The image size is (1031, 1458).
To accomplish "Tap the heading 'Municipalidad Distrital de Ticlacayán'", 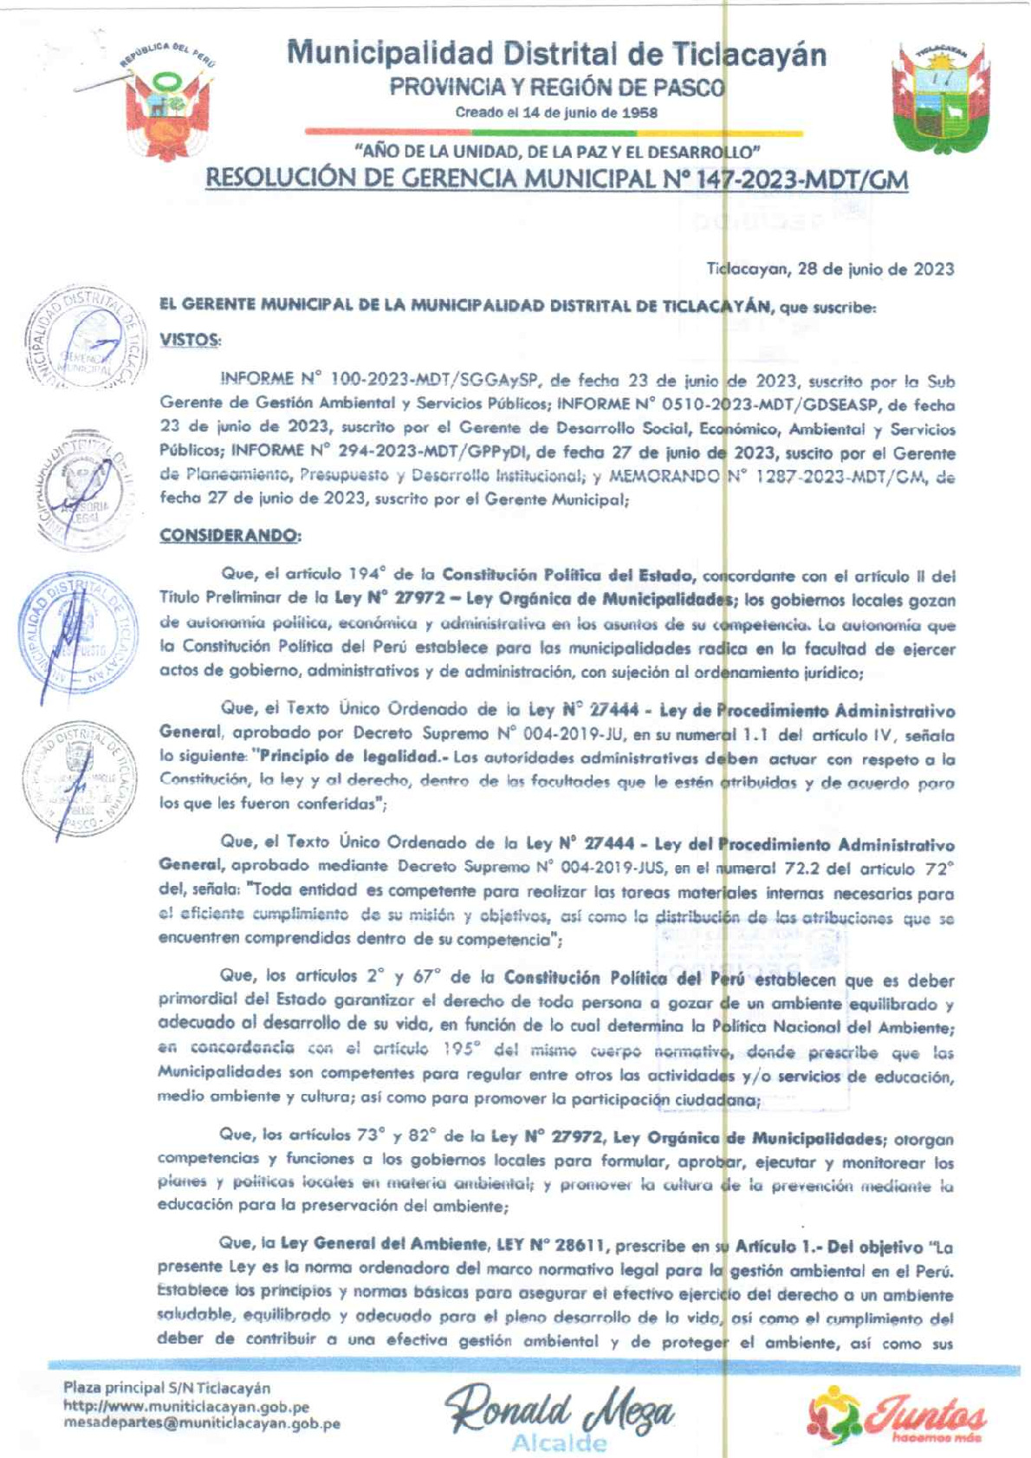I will (556, 54).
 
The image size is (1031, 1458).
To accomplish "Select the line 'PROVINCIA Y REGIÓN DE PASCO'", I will (556, 88).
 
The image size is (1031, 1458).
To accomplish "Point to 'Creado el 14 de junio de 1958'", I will (556, 113).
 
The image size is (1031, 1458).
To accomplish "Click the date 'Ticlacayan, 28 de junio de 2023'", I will (830, 269).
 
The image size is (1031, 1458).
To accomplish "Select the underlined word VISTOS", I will (190, 340).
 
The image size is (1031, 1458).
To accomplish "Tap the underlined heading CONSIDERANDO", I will (230, 536).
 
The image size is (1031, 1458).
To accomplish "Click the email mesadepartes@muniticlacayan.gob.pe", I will (201, 1423).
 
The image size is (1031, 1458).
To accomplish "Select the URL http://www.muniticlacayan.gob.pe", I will (186, 1406).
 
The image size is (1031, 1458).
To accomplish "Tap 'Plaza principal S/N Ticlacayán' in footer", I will (166, 1389).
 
